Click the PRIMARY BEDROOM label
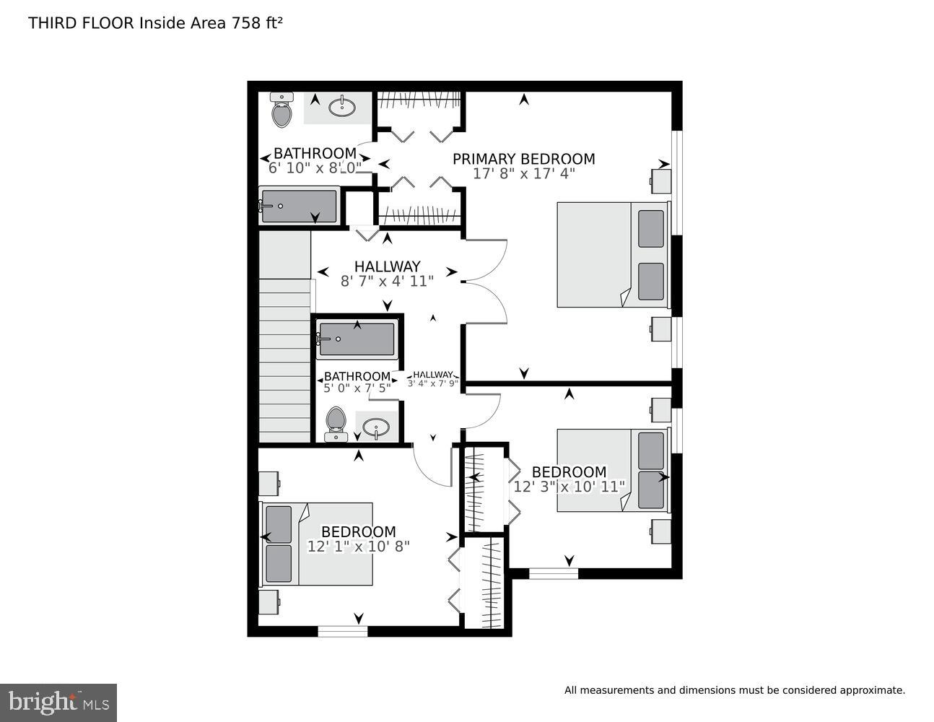523,159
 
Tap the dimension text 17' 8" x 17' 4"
523,174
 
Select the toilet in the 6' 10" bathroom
281,110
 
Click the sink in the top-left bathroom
341,108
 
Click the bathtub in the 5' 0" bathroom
357,339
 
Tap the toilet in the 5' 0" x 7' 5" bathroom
336,424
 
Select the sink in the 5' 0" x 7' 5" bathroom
376,427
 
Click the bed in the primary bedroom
612,255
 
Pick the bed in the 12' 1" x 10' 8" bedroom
317,544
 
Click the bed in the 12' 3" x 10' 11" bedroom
612,471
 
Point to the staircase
284,361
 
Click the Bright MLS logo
58,702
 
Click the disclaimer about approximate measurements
734,690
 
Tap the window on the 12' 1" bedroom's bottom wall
343,631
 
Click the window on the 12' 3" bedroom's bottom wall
554,573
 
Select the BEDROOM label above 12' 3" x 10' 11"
569,472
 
